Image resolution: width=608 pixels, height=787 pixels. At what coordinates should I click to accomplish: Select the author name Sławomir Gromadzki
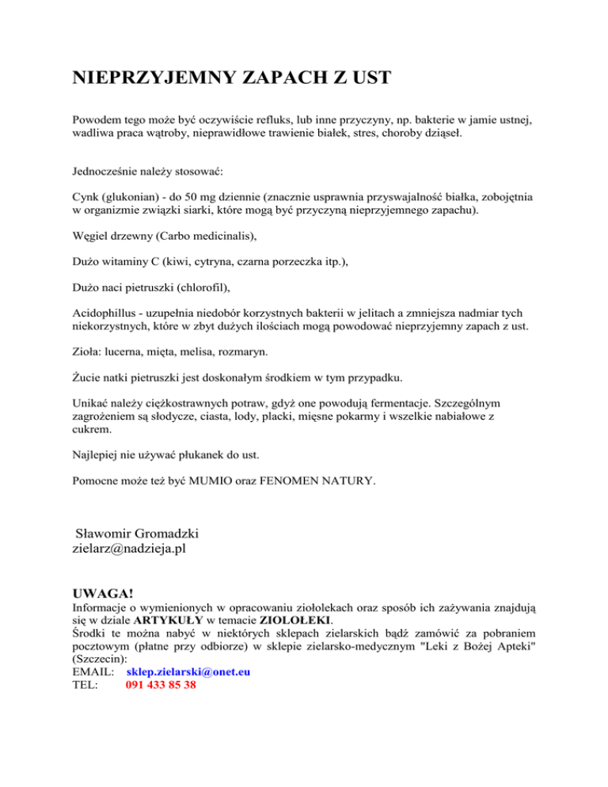click(x=142, y=529)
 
